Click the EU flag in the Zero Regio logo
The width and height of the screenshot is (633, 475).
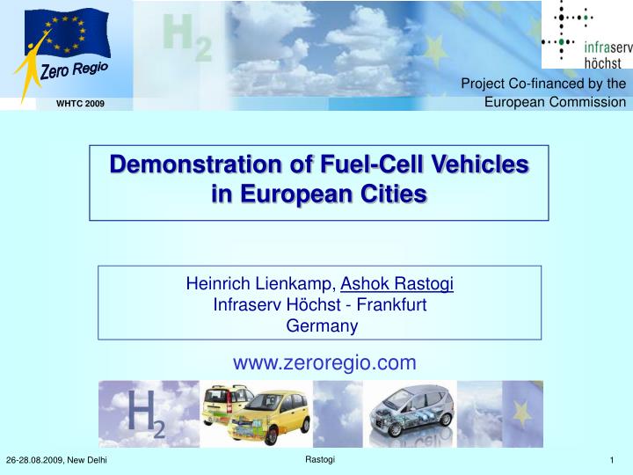point(68,33)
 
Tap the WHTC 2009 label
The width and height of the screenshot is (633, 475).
point(80,104)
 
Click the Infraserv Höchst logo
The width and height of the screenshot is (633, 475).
point(587,34)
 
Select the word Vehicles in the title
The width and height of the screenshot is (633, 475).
point(480,164)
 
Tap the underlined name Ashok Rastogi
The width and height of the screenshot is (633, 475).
point(397,283)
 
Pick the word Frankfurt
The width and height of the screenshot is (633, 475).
point(391,304)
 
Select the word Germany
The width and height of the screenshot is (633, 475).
point(322,326)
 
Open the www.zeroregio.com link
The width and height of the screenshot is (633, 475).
point(324,362)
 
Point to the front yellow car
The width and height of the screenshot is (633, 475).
point(269,417)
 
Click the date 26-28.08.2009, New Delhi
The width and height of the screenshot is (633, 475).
point(56,460)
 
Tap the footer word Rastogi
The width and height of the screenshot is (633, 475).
point(320,460)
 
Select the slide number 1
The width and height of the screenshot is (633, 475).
point(612,460)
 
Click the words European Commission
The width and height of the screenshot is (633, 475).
point(555,102)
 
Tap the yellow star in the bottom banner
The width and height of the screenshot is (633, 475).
point(521,413)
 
